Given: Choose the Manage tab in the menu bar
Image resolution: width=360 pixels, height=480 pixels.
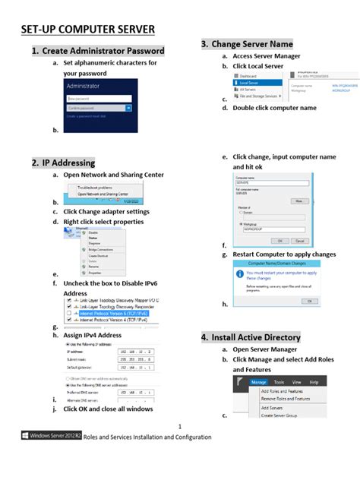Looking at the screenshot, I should point(259,382).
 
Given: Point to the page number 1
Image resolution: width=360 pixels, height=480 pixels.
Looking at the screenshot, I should point(180,427).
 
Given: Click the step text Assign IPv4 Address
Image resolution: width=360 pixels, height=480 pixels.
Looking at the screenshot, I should point(92,335).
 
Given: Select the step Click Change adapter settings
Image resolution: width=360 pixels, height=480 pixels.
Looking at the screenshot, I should point(106,212).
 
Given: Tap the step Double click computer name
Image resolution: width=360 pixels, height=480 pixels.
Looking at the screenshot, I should point(274,108).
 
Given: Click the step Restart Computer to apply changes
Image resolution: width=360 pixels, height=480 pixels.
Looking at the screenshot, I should point(284,254).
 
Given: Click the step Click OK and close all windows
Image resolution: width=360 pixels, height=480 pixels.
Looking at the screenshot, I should point(108,409).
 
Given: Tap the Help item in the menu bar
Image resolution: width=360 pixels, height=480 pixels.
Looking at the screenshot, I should point(314,382).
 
